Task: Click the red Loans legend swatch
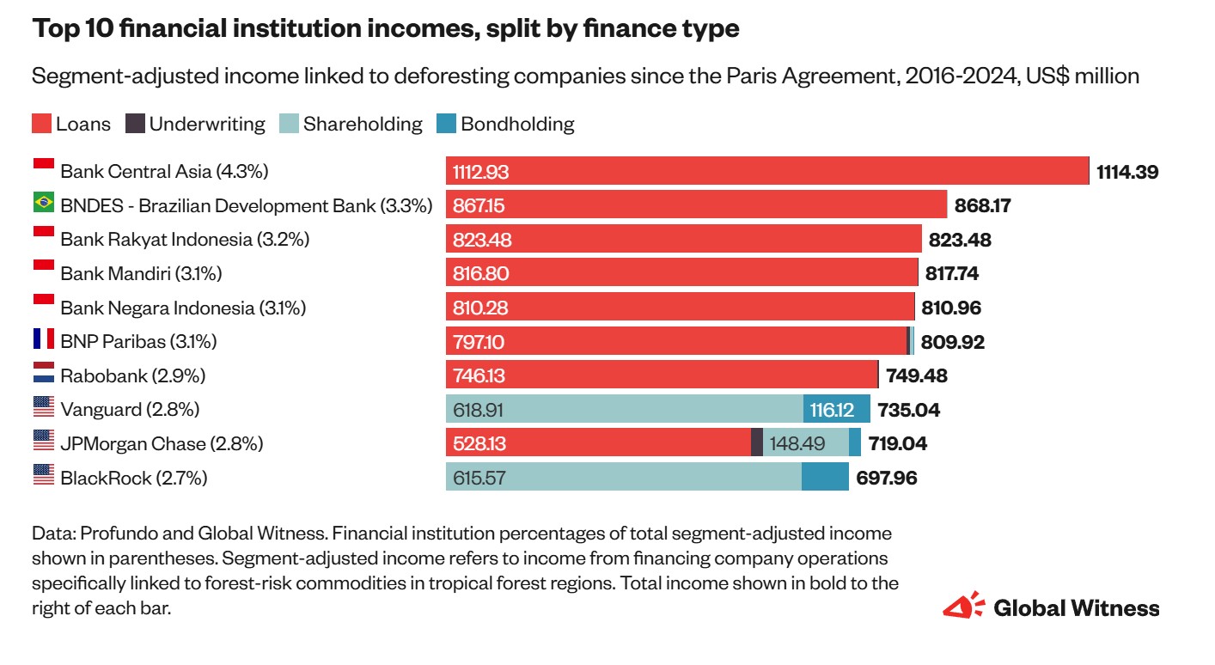[41, 124]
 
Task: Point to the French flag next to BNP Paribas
[43, 339]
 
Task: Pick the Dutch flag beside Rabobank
[43, 374]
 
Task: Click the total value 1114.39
[1127, 172]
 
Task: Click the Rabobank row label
[132, 376]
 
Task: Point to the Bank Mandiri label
[141, 274]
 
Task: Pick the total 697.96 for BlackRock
[886, 478]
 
